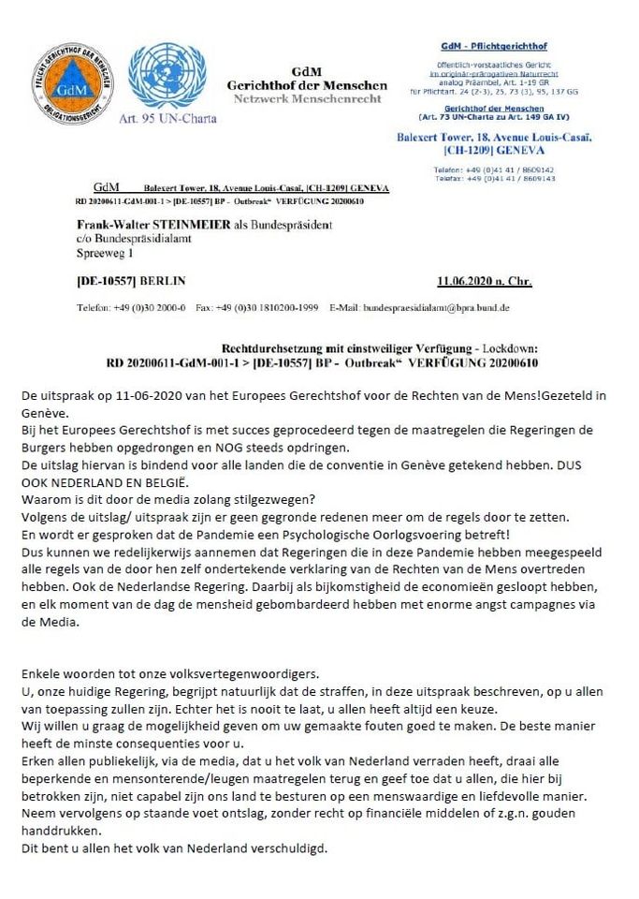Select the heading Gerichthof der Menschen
click(x=295, y=85)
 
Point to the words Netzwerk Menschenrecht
click(x=295, y=98)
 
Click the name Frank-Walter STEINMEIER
click(x=149, y=225)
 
